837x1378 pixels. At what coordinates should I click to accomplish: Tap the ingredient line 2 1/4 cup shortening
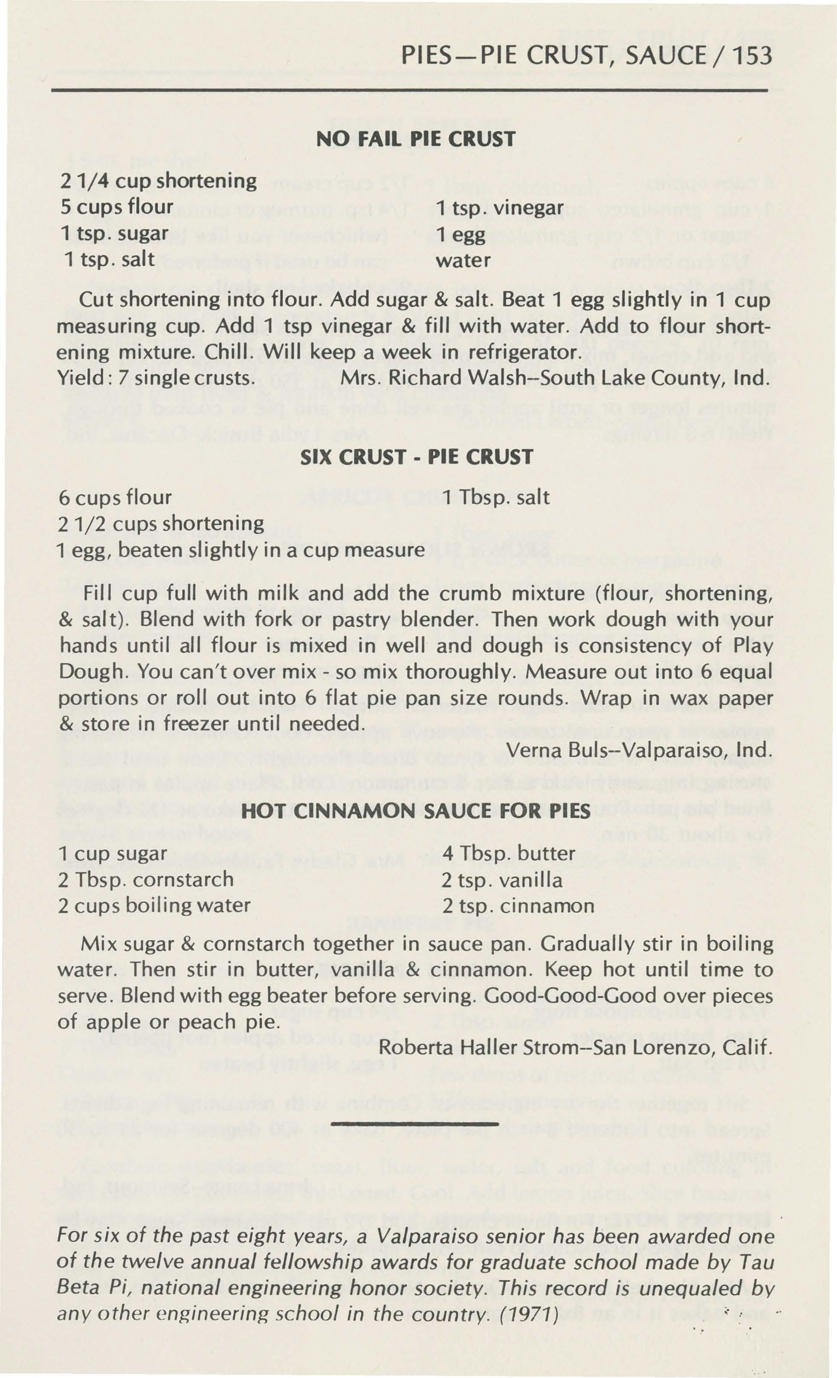(x=158, y=181)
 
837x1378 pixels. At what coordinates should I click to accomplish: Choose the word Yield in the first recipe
(x=77, y=378)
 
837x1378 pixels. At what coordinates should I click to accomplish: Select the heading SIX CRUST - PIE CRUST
(x=417, y=457)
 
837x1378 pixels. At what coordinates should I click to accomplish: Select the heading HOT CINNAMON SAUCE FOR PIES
(x=417, y=811)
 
